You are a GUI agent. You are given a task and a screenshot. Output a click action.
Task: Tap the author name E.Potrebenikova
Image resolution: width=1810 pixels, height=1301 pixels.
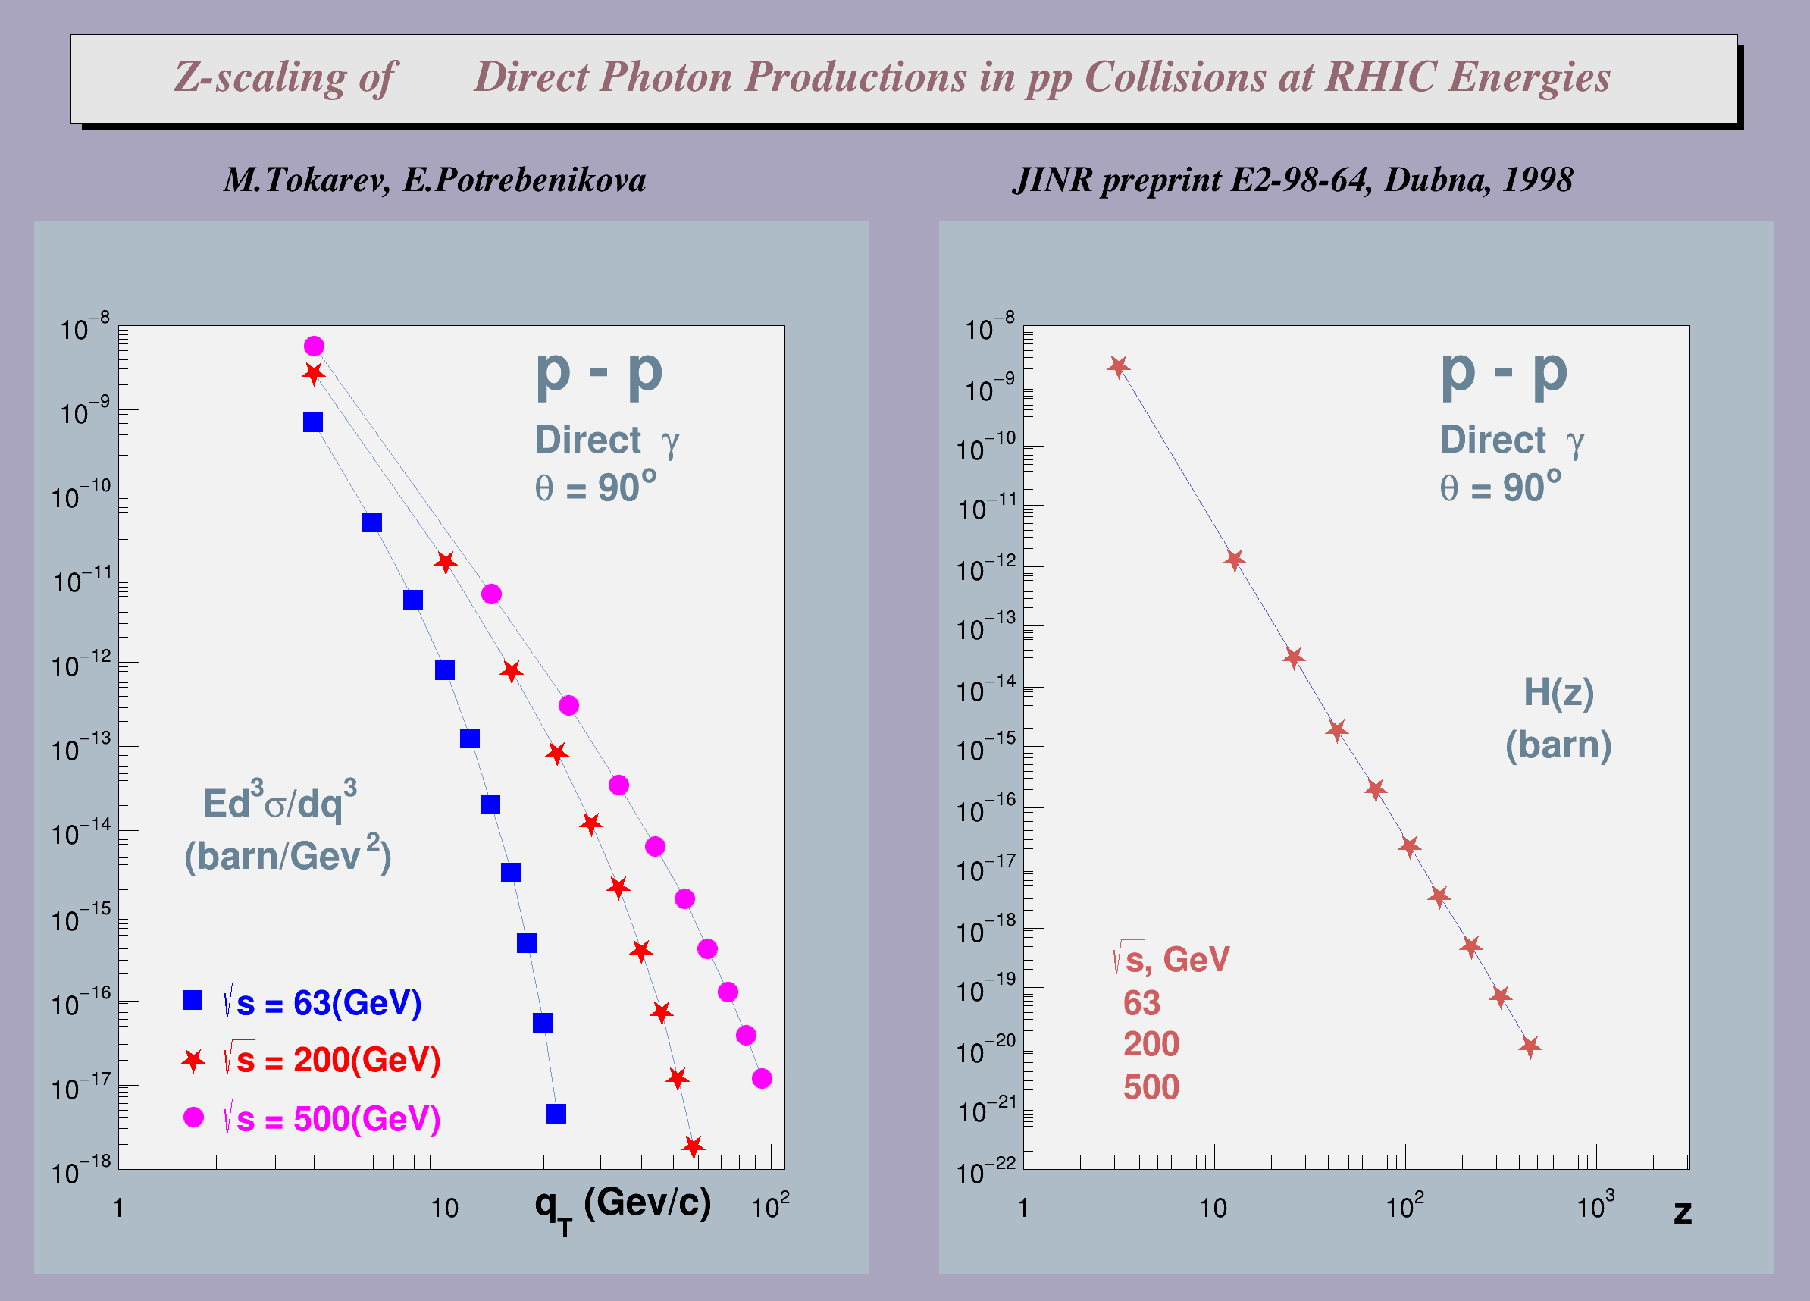[x=524, y=180]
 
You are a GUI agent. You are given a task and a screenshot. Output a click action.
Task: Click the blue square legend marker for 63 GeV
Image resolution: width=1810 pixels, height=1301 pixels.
[x=193, y=1000]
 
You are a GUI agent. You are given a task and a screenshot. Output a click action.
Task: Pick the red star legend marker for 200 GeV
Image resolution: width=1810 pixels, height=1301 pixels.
[x=193, y=1061]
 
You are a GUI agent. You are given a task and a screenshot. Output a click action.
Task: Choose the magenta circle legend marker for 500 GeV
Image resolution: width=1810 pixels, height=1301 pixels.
[x=193, y=1118]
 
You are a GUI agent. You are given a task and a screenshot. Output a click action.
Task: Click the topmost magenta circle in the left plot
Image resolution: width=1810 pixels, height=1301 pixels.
[x=314, y=346]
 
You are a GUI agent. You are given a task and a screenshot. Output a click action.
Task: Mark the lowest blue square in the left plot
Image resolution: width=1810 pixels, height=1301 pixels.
[x=556, y=1114]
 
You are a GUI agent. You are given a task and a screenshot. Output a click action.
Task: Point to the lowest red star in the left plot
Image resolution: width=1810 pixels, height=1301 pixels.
[x=693, y=1147]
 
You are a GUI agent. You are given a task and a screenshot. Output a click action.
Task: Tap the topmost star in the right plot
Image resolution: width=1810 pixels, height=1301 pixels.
[x=1118, y=366]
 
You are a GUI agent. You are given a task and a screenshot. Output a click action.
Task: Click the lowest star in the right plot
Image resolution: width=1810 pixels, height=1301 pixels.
[x=1529, y=1046]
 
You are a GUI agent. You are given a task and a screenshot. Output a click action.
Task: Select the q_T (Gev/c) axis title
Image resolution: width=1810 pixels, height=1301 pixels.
[x=622, y=1205]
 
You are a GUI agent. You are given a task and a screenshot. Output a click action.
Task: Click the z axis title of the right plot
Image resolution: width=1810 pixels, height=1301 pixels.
[x=1683, y=1212]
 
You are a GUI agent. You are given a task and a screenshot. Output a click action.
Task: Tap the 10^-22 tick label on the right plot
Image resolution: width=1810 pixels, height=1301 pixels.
[x=986, y=1170]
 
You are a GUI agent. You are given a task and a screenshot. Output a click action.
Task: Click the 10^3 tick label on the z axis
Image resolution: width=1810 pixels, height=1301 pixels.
[x=1595, y=1205]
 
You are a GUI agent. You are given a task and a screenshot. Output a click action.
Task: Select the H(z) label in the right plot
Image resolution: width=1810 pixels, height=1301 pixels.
[x=1558, y=692]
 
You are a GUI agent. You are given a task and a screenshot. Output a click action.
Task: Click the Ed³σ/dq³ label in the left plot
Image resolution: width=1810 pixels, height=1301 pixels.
[x=280, y=802]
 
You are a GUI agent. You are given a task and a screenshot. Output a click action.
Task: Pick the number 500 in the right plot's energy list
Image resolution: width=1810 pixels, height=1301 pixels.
[x=1151, y=1087]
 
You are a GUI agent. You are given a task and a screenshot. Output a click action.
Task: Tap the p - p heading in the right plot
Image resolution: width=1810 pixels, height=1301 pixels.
[x=1504, y=372]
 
